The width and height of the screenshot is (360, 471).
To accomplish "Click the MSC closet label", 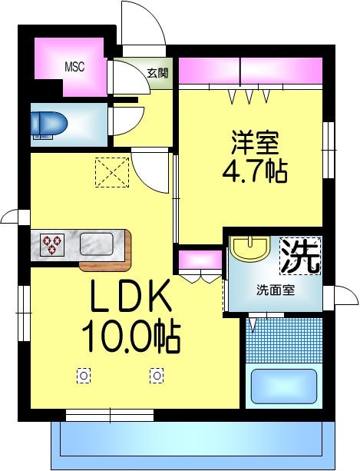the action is coord(74,67).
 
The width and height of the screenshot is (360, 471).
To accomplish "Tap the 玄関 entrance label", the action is coord(157,73).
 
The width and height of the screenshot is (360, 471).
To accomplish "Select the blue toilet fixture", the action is coord(48,125).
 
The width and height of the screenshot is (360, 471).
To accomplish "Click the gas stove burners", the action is coord(52,245).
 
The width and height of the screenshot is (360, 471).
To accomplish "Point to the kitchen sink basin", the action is coord(96,244).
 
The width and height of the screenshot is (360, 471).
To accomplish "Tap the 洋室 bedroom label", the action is coord(255,143).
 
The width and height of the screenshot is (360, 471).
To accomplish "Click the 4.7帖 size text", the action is coord(255,171).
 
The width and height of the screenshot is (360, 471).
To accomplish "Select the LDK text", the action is coord(131,296).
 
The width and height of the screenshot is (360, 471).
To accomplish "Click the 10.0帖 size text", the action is coord(131,337).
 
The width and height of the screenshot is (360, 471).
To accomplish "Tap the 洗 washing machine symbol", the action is coord(300,256).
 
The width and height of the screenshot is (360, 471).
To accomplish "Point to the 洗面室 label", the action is coord(276,290).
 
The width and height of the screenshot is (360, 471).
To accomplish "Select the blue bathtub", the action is coord(284,386).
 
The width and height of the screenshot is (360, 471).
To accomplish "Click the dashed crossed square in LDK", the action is coord(112,172).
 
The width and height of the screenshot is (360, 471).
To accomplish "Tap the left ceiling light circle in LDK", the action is coord(84,376).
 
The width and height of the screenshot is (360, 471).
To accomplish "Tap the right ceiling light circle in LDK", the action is coord(157,376).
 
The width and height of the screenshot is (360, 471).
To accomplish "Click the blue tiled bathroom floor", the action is coord(284,340).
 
